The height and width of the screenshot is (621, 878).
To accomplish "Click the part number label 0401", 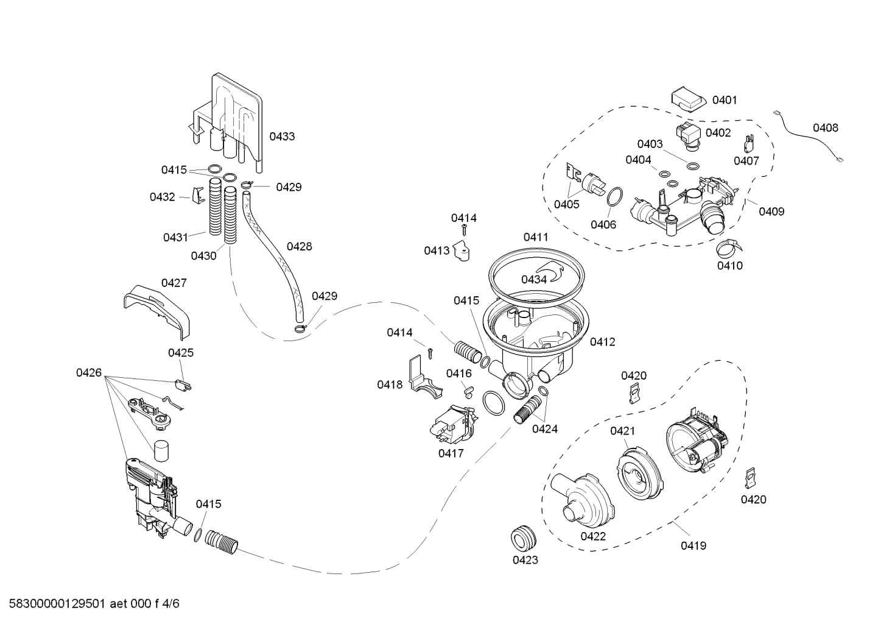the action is (725, 100).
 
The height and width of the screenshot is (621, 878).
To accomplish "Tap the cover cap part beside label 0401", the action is (689, 100).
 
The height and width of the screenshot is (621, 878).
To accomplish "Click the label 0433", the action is (282, 137).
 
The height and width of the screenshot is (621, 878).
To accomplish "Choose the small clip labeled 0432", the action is (198, 195).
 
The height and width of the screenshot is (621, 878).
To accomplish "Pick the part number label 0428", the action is (299, 246).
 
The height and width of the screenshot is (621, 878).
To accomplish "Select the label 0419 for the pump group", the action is (694, 545).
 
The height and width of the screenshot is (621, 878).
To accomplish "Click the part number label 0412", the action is (602, 342).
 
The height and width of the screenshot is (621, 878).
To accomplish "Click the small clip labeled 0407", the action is (749, 144).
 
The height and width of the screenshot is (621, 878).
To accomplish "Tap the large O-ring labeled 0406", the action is (615, 196).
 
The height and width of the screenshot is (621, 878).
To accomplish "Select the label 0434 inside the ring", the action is (534, 279).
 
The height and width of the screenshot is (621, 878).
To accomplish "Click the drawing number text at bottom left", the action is (94, 603).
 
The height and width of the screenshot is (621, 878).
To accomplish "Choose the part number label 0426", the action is (88, 373).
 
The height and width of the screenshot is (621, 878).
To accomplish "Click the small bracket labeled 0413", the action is (462, 251).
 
